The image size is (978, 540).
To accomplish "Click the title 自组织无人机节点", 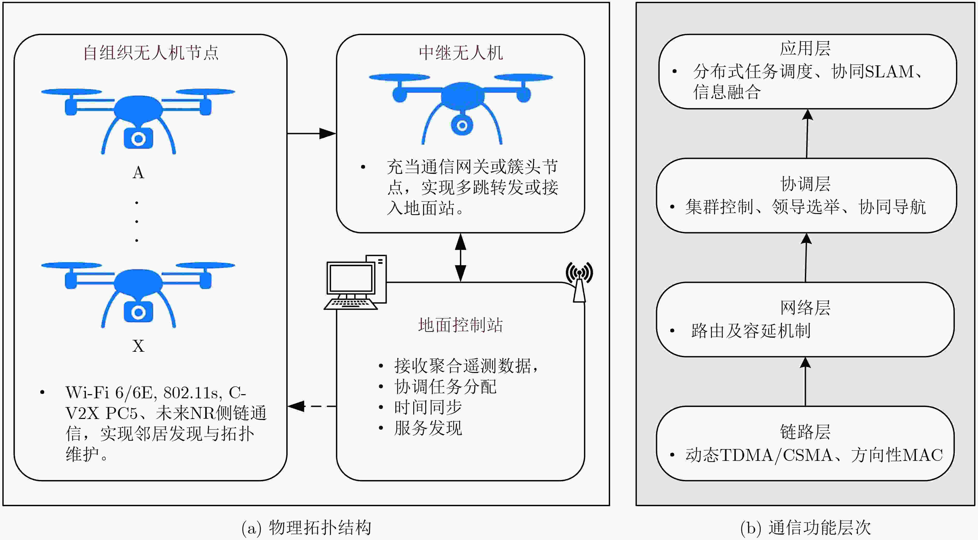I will click(x=151, y=53).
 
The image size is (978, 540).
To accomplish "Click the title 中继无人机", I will click(x=461, y=53).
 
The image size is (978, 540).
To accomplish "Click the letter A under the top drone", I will click(x=138, y=173).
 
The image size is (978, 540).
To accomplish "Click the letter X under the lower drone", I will click(x=138, y=346).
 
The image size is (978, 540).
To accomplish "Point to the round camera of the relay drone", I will click(x=462, y=125).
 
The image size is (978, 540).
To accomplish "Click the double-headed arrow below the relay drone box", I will click(x=461, y=257).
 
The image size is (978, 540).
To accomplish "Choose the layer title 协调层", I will click(x=805, y=184).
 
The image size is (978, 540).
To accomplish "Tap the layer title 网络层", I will click(x=805, y=308).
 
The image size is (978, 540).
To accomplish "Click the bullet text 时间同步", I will click(x=428, y=407).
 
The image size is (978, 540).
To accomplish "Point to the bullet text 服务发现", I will click(x=428, y=428).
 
